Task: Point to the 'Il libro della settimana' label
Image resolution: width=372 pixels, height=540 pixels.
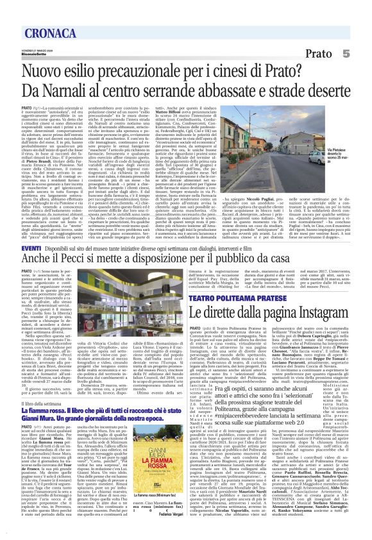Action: point(27,401)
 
